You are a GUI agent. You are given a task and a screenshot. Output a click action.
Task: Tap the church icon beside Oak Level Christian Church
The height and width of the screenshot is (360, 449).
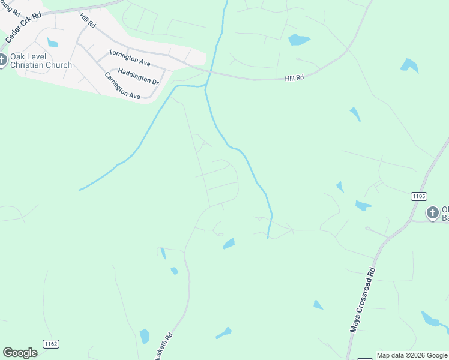click(x=2, y=60)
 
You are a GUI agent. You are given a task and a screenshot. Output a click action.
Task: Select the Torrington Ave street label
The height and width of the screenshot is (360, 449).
click(x=129, y=58)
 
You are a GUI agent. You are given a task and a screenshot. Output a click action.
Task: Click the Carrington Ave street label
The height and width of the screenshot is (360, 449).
click(x=122, y=86)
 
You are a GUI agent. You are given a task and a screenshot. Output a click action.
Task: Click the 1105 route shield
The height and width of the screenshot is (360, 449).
click(x=419, y=196)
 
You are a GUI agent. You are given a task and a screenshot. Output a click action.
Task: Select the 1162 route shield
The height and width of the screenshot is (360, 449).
click(x=50, y=343)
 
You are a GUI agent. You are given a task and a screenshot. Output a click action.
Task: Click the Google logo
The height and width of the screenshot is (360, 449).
click(x=20, y=353)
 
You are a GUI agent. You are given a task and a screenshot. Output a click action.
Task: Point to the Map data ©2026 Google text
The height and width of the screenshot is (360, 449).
click(x=412, y=355)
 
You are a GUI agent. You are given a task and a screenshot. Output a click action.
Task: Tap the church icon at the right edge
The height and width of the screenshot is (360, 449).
click(x=432, y=212)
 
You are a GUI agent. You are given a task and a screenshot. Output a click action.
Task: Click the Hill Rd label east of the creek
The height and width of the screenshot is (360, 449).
click(x=294, y=78)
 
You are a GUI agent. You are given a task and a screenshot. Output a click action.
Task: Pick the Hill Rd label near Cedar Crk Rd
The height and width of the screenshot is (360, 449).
click(x=88, y=20)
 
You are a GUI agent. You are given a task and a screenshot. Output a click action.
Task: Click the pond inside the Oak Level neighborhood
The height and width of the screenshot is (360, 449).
click(x=53, y=43)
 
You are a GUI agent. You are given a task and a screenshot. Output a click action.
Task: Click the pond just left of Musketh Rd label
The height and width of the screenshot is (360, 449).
click(x=145, y=336)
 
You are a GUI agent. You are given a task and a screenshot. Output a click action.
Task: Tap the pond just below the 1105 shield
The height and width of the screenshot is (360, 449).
click(x=363, y=206)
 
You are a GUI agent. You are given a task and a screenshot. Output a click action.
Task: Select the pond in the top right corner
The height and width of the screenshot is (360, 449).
click(x=409, y=65)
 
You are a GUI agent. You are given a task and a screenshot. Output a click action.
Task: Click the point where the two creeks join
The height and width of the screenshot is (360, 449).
click(x=205, y=88)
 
